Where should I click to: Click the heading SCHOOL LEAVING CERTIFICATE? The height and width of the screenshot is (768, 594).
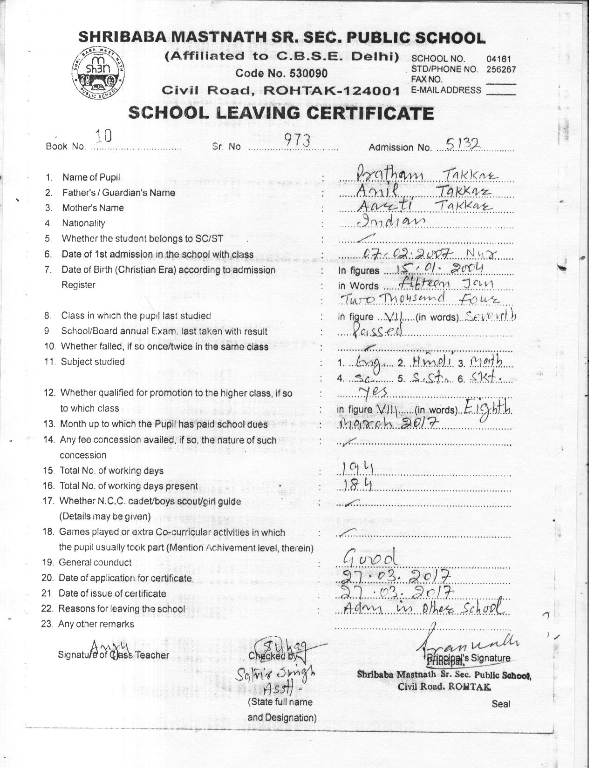point(281,113)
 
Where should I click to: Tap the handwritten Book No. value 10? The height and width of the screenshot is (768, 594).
point(103,136)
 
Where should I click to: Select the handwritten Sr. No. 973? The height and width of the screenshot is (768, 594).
point(297,141)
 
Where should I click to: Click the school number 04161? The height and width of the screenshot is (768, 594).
point(498,59)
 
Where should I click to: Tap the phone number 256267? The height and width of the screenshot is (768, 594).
point(501,69)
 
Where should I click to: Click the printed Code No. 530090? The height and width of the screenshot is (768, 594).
point(281,73)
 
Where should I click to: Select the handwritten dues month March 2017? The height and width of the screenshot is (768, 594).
point(388,422)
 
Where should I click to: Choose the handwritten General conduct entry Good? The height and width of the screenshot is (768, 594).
point(370,556)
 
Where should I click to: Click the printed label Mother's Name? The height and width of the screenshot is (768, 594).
point(93,208)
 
